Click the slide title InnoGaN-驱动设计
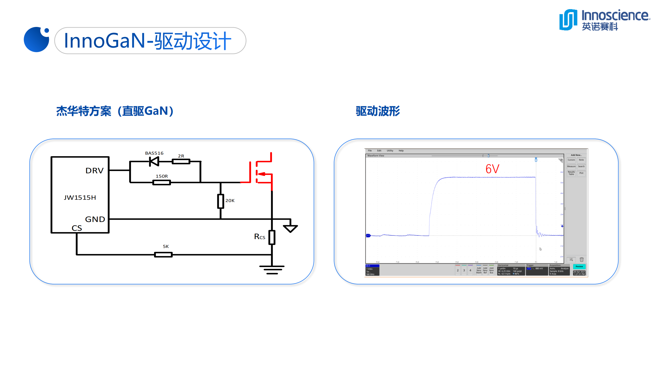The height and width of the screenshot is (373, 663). pyautogui.click(x=148, y=41)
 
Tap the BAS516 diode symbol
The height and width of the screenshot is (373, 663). pyautogui.click(x=154, y=162)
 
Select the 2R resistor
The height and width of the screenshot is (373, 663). pyautogui.click(x=181, y=162)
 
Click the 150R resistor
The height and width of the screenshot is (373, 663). pyautogui.click(x=162, y=183)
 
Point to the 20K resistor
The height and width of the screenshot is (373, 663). pyautogui.click(x=220, y=201)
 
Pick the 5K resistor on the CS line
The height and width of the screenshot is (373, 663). pyautogui.click(x=163, y=255)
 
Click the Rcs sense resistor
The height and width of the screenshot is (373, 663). pyautogui.click(x=272, y=237)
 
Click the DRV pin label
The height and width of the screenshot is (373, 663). pyautogui.click(x=95, y=171)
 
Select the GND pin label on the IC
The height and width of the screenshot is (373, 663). pyautogui.click(x=95, y=219)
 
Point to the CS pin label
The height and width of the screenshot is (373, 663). pyautogui.click(x=77, y=228)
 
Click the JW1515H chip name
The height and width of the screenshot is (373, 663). pyautogui.click(x=80, y=198)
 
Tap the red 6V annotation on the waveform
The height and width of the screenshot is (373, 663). pyautogui.click(x=492, y=169)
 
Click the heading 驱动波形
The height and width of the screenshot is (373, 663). pyautogui.click(x=378, y=111)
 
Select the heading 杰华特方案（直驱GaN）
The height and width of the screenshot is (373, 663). pyautogui.click(x=115, y=111)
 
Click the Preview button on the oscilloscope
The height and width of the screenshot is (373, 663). pyautogui.click(x=579, y=267)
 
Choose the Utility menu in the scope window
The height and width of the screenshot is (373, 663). pyautogui.click(x=390, y=151)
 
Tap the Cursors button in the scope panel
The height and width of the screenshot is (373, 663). pyautogui.click(x=571, y=160)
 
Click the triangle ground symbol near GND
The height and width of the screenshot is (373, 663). pyautogui.click(x=290, y=228)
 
